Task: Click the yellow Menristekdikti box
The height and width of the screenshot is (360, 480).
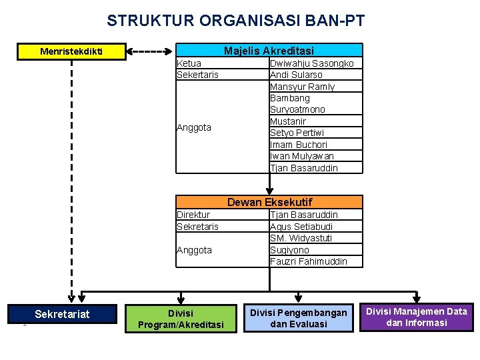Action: (71, 51)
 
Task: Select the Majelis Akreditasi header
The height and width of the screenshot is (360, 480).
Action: (269, 50)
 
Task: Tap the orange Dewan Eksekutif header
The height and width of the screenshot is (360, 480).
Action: (269, 202)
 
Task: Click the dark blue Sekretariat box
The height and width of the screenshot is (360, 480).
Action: (62, 314)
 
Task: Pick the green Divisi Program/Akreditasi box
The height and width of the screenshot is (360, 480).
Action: (181, 319)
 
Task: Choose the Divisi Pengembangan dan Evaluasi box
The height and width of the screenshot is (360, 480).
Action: (299, 318)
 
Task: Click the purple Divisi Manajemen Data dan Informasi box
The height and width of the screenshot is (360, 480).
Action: (417, 317)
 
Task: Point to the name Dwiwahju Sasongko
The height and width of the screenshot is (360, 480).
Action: (311, 63)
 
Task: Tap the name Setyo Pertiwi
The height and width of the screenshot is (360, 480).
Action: (297, 133)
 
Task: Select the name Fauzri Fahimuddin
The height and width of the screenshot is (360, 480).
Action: (309, 261)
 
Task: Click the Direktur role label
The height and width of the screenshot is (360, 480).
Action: (193, 215)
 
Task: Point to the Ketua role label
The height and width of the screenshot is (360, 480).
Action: (189, 63)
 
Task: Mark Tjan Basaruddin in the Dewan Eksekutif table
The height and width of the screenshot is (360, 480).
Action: (304, 215)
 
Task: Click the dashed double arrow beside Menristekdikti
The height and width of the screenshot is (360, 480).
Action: (149, 51)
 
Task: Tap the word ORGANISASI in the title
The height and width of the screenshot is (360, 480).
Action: (250, 21)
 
